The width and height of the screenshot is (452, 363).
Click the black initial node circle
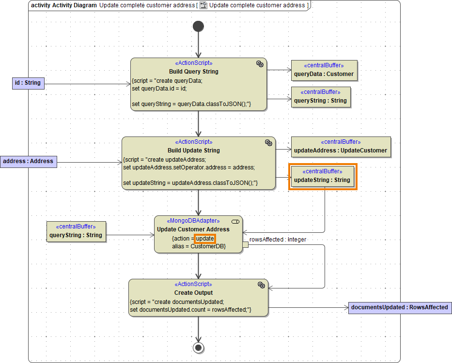coord(198,26)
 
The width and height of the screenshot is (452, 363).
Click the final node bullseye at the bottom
coord(198,347)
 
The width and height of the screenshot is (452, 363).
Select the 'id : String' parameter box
coord(28,83)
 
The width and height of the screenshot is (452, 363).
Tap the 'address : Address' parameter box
coord(29,161)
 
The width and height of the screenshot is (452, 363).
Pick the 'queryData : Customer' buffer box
coord(324,71)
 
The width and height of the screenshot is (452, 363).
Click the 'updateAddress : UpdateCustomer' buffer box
coord(341,147)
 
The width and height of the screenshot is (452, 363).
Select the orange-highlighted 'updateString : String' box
coord(322,176)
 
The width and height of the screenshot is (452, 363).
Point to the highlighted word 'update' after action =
coord(205,239)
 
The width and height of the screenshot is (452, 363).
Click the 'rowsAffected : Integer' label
coord(278,239)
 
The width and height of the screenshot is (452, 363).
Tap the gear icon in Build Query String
coord(260,64)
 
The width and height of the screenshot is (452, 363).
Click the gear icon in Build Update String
coord(268,142)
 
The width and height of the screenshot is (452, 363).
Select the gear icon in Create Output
coord(261,285)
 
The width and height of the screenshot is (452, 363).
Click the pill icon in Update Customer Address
coord(236,221)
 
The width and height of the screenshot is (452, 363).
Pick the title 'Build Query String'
coord(193,72)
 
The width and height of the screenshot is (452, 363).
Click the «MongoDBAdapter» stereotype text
coord(193,221)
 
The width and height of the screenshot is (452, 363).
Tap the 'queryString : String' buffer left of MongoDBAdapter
coord(76,231)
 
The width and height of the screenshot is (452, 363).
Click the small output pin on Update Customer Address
coord(246,245)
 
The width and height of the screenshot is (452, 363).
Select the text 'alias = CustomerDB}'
coord(199,246)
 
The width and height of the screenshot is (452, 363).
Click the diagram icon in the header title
coord(203,5)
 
